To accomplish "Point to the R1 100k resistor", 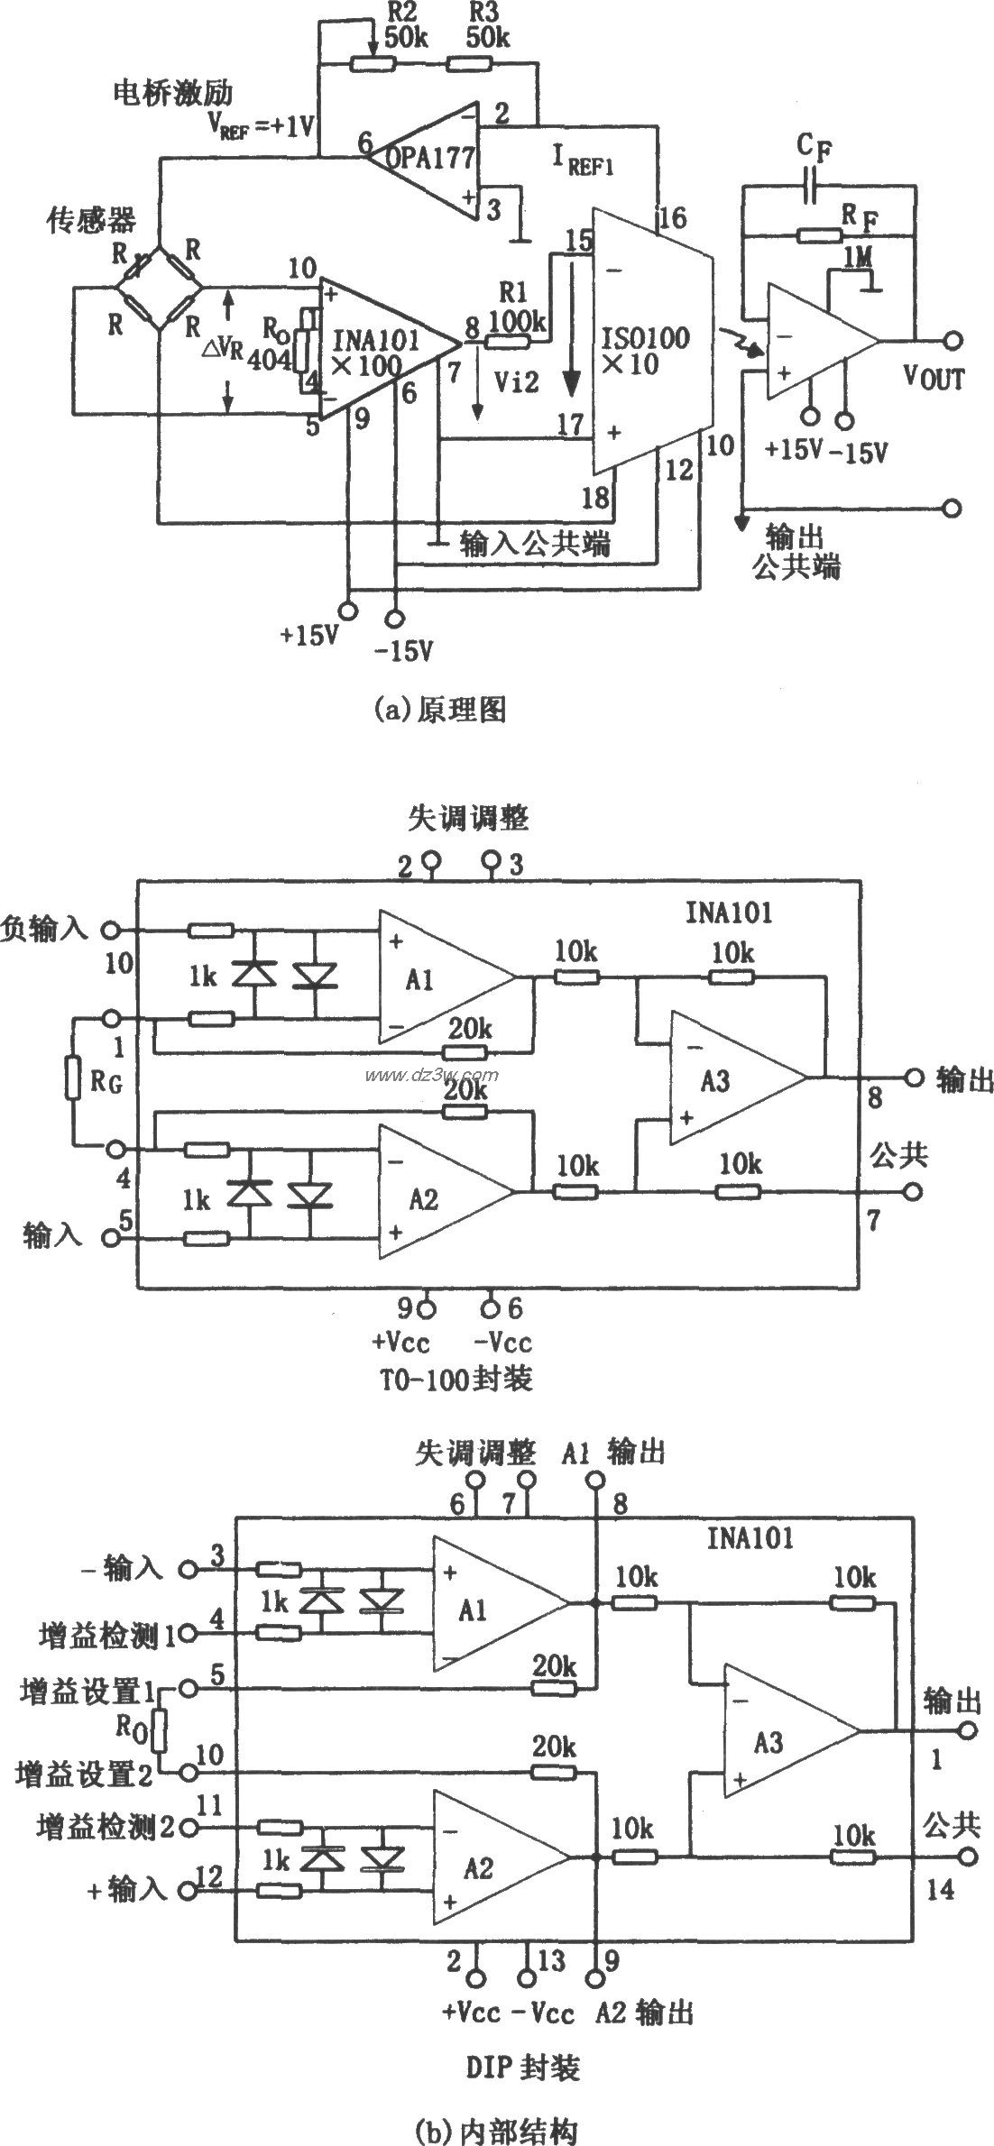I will (508, 342).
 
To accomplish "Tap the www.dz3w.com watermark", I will (431, 1075).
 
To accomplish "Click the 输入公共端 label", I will (534, 543).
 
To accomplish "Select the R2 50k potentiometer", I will (373, 64).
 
